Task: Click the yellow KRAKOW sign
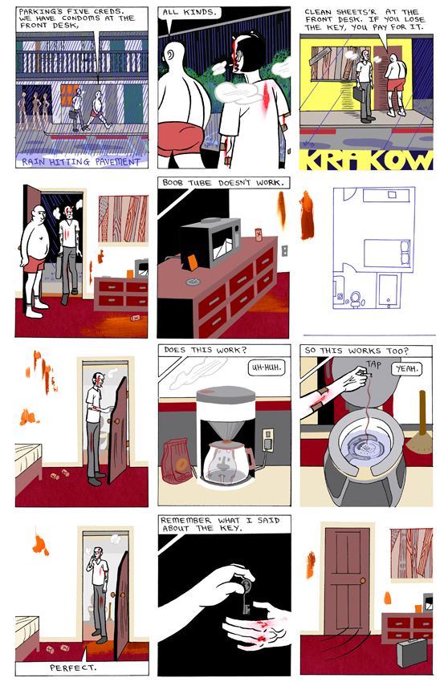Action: [x=366, y=160]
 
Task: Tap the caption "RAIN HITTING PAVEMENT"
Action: [x=81, y=162]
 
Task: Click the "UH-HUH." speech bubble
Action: [x=267, y=367]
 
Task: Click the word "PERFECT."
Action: [x=73, y=668]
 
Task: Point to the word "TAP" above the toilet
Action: [x=373, y=364]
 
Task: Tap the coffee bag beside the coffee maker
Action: [x=177, y=461]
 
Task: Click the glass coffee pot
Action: [x=227, y=462]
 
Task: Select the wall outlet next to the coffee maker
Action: [x=267, y=440]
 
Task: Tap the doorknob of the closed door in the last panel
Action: [x=363, y=580]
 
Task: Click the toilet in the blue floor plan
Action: [x=355, y=298]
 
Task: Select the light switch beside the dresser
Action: [x=285, y=251]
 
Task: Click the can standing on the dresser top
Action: [x=258, y=234]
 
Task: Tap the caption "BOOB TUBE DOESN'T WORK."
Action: [x=223, y=183]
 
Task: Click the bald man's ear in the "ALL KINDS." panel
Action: [x=169, y=55]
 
